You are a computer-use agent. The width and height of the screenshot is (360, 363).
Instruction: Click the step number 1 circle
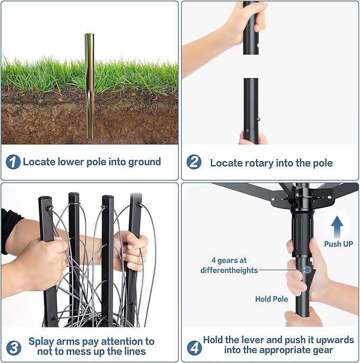click(x=13, y=162)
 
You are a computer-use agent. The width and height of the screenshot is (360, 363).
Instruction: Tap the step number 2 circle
click(x=194, y=162)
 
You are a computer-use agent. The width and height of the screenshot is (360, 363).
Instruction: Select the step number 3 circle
click(x=13, y=348)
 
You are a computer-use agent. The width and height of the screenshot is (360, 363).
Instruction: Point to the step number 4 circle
click(x=194, y=348)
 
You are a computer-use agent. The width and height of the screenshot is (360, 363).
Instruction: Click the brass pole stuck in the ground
click(x=90, y=86)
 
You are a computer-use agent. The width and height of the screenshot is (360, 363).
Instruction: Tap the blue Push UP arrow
click(x=337, y=227)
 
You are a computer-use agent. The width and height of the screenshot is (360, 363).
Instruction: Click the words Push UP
click(x=338, y=244)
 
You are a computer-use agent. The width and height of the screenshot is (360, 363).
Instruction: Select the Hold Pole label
click(x=271, y=299)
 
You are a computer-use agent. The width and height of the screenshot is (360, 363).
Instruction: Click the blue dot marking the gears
click(x=308, y=270)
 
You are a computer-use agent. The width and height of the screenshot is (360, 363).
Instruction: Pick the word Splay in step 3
click(x=41, y=342)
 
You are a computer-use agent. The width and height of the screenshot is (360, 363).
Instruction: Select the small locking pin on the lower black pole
click(x=259, y=119)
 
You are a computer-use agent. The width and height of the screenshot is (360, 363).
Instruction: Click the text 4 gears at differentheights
click(x=229, y=265)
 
